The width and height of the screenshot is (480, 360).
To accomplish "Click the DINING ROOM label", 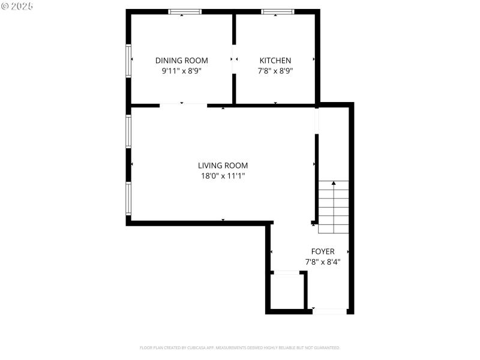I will pos(181,60).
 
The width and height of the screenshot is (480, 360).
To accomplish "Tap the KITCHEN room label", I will pos(275,60).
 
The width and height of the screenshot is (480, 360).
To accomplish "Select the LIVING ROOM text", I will pos(223,166).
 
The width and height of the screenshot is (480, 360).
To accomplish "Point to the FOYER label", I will pos(322,251).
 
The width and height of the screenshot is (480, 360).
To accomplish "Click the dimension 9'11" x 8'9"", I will pos(181,71).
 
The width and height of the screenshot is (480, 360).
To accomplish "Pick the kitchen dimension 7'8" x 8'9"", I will pos(275,71).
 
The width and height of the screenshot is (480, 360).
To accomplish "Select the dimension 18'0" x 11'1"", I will pos(223,176).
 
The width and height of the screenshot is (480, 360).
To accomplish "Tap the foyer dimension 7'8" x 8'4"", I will pos(322,262).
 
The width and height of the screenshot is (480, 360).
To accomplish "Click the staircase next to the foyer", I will pos(333,207).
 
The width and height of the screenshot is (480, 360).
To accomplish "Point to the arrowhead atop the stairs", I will pos(334,183).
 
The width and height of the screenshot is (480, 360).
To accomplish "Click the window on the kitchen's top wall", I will pos(277,11).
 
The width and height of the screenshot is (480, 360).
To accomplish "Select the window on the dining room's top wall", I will pos(184,11).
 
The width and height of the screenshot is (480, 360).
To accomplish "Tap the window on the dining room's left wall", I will pos(128,61).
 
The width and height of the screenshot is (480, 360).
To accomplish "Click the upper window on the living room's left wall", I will pos(128,131).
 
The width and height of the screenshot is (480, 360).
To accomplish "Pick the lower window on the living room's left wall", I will pos(128,198).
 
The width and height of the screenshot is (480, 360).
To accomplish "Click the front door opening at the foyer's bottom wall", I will pos(329,311).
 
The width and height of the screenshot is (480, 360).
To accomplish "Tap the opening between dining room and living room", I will pos(183,105).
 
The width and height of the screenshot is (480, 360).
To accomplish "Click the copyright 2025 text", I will pos(17,5).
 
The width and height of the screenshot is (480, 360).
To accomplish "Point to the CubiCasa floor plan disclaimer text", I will pos(240,347).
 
